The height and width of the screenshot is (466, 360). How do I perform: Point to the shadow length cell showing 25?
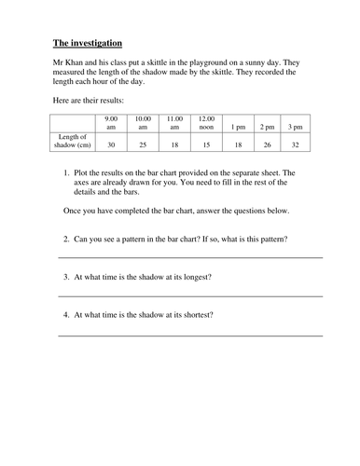tap(143, 145)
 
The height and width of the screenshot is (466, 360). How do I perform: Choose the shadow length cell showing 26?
tap(269, 145)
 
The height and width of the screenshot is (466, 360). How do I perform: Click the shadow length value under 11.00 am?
tap(174, 145)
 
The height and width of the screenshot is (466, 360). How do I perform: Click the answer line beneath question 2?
tap(190, 256)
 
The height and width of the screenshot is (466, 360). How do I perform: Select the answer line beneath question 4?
tap(190, 335)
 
